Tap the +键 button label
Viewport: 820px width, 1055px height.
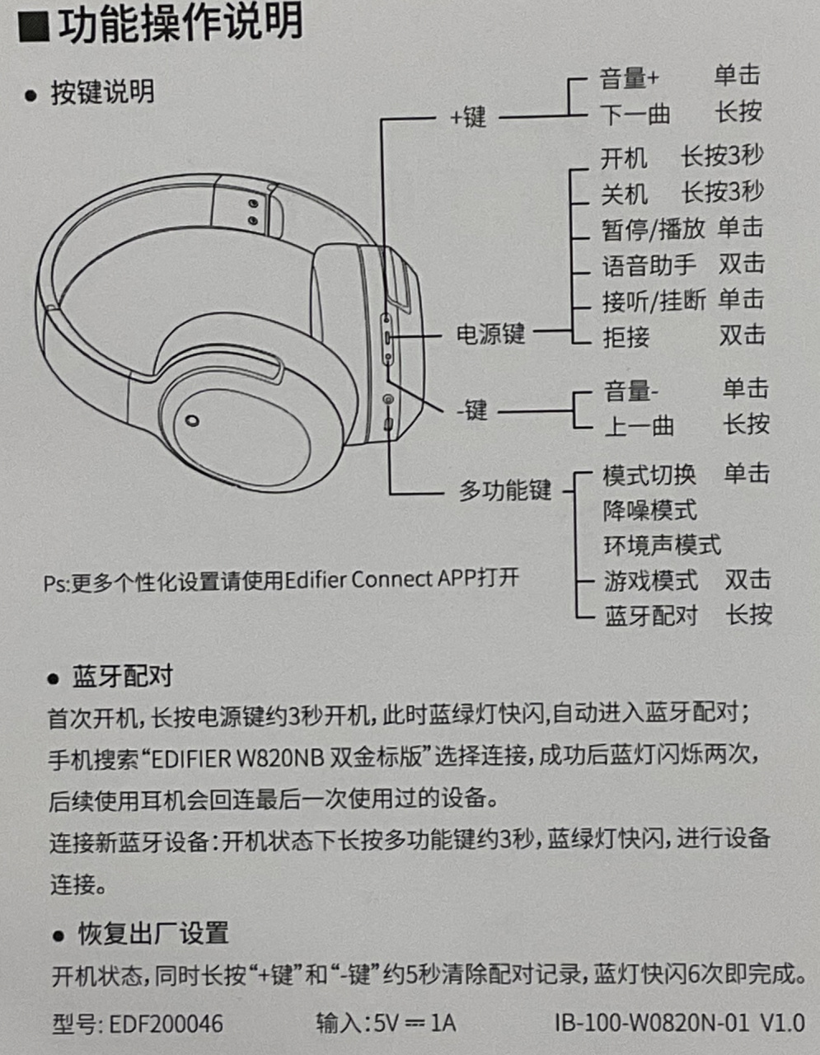click(x=468, y=117)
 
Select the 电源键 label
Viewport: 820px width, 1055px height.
click(x=490, y=334)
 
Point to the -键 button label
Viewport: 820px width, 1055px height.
click(x=471, y=410)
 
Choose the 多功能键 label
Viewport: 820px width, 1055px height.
click(x=504, y=490)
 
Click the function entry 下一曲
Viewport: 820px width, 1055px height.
click(x=635, y=115)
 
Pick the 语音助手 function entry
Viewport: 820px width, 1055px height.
click(x=649, y=265)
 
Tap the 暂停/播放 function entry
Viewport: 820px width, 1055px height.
click(x=654, y=229)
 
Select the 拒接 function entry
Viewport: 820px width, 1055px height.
click(x=626, y=337)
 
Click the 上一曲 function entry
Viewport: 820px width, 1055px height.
click(x=640, y=426)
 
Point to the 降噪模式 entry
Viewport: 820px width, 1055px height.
click(x=650, y=510)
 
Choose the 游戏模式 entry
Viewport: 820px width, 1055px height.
click(x=651, y=580)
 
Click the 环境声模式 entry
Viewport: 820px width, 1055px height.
click(x=662, y=545)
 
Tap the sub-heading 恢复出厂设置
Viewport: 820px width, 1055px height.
click(x=153, y=933)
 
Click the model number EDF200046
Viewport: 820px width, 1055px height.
click(x=166, y=1024)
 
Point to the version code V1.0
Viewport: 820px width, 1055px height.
click(x=782, y=1024)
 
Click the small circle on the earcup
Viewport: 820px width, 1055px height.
click(x=192, y=420)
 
